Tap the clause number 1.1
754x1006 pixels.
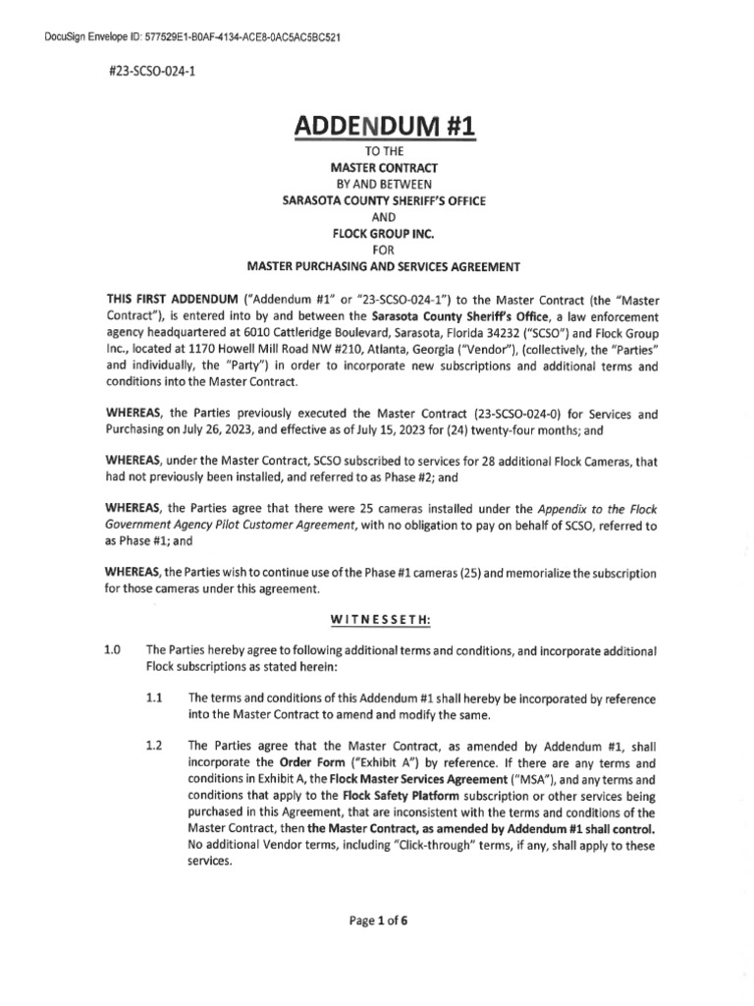pos(153,697)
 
